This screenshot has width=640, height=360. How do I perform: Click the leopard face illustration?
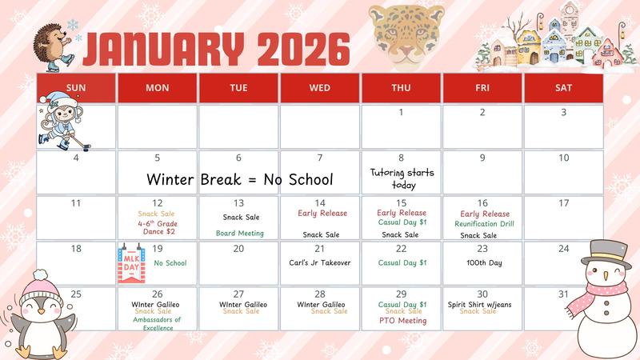(406, 34)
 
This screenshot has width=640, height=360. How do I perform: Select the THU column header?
(401, 88)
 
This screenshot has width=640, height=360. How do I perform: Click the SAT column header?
(563, 88)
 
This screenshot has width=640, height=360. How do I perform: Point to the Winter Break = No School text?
(239, 179)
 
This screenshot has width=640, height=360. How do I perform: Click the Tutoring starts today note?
(402, 178)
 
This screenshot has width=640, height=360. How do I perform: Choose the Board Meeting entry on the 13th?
(239, 234)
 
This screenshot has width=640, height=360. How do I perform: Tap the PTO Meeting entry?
(402, 321)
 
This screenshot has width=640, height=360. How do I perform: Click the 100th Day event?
(484, 262)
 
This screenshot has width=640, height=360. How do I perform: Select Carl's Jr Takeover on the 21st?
(320, 262)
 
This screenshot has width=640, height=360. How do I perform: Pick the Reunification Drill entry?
(483, 224)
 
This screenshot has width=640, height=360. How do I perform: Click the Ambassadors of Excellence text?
(158, 323)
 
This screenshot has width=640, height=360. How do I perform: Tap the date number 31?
(564, 294)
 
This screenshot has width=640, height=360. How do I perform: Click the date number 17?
(564, 203)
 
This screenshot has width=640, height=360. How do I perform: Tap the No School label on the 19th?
(170, 263)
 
